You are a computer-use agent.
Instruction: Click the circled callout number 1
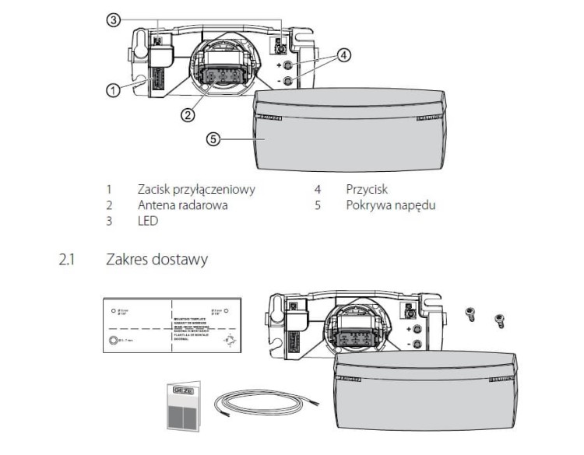[x=113, y=90]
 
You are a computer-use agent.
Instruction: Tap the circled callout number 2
[x=188, y=114]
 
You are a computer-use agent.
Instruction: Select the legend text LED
[x=147, y=222]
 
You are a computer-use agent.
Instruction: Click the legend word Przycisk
[x=367, y=189]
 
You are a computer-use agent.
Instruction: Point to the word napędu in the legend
[x=413, y=205]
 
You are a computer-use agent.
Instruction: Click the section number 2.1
[x=66, y=259]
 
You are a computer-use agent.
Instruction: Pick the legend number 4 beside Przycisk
[x=318, y=189]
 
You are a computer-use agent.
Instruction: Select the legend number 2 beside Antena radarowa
[x=110, y=205]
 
